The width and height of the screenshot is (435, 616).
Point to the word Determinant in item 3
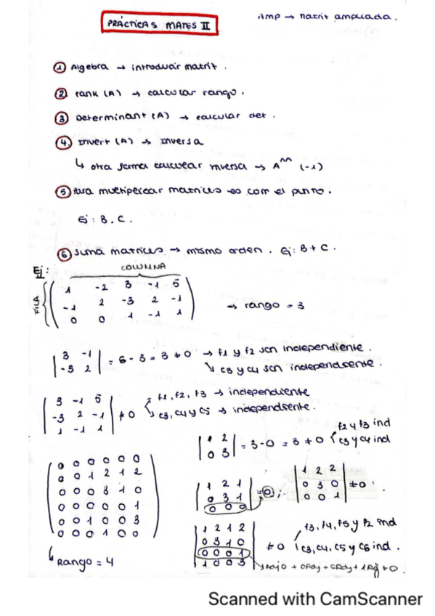tap(102, 117)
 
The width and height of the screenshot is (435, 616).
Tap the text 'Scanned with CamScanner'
tap(315, 599)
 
